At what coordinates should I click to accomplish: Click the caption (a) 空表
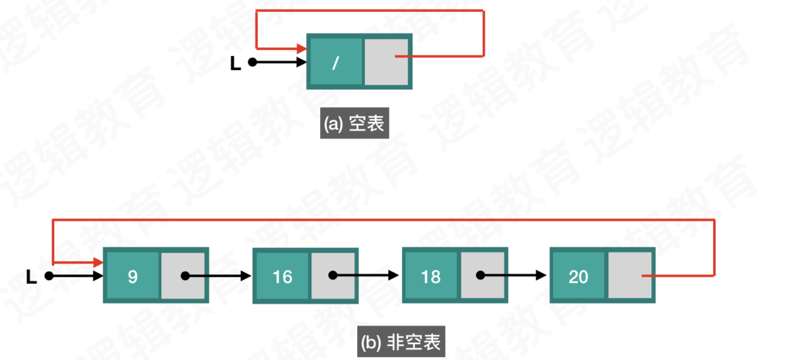coord(354,124)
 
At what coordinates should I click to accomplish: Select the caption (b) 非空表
coord(399,342)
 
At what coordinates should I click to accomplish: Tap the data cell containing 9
coord(132,276)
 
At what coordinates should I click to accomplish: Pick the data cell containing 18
coord(431,276)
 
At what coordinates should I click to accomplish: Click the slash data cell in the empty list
coord(335,62)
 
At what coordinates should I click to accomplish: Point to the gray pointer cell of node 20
coord(630,276)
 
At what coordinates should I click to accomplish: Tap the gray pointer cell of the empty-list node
coord(387,62)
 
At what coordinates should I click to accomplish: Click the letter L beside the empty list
coord(235,64)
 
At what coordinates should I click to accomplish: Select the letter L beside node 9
coord(32,277)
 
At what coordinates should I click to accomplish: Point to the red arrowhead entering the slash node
coord(301,48)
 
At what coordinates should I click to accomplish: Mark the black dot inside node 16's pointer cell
coord(333,275)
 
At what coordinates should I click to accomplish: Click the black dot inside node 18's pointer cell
coord(481,275)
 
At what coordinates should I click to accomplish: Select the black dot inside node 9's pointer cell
coord(185,275)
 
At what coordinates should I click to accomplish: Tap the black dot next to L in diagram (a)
coord(252,62)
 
